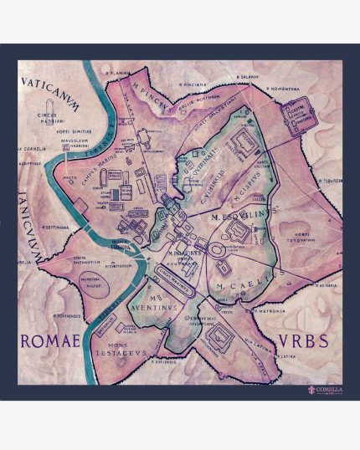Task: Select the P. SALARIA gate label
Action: pyautogui.click(x=248, y=74)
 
